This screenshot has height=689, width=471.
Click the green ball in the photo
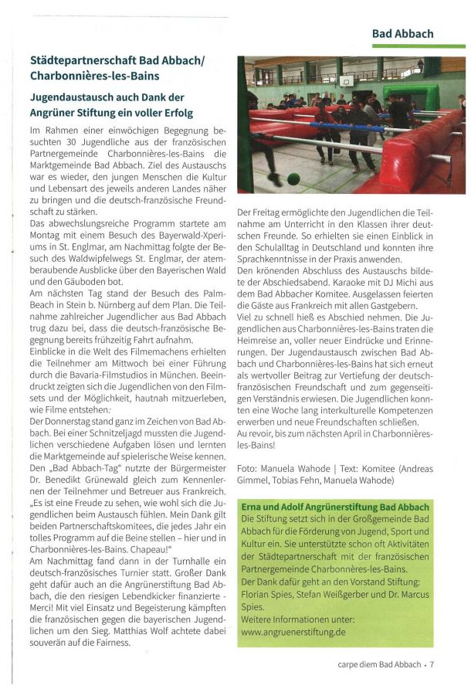pyautogui.click(x=293, y=178)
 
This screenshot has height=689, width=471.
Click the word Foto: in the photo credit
pyautogui.click(x=248, y=468)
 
